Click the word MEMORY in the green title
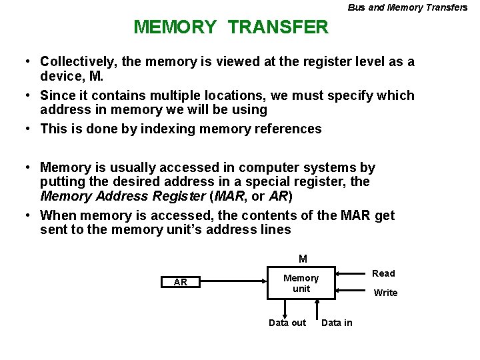pyautogui.click(x=175, y=27)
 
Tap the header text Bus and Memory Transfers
pyautogui.click(x=407, y=7)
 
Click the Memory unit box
pyautogui.click(x=301, y=283)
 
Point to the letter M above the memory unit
pyautogui.click(x=303, y=259)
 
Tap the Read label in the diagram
pyautogui.click(x=383, y=273)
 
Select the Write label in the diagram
pyautogui.click(x=385, y=293)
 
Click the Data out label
pyautogui.click(x=287, y=323)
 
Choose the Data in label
pyautogui.click(x=337, y=323)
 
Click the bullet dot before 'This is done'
pyautogui.click(x=27, y=129)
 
